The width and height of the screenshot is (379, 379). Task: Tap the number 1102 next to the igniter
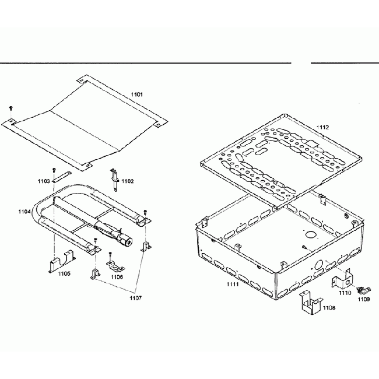pyautogui.click(x=128, y=181)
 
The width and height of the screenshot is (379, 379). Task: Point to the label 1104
pyautogui.click(x=25, y=211)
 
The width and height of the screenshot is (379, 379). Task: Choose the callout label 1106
pyautogui.click(x=117, y=277)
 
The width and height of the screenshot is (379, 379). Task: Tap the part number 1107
pyautogui.click(x=135, y=298)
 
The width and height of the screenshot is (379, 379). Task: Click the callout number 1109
pyautogui.click(x=363, y=299)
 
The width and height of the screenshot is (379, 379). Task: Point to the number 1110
pyautogui.click(x=345, y=293)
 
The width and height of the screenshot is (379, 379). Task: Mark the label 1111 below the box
pyautogui.click(x=234, y=284)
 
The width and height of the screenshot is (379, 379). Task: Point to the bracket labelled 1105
pyautogui.click(x=61, y=260)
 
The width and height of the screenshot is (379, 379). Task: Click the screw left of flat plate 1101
pyautogui.click(x=10, y=108)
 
